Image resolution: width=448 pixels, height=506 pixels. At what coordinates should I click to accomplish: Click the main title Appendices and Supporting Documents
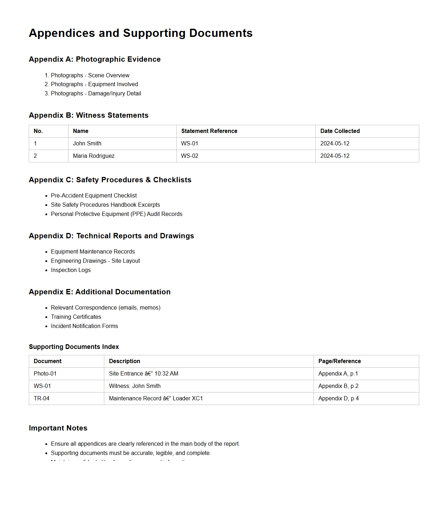140,33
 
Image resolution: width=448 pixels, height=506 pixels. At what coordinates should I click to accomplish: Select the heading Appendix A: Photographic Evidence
94,59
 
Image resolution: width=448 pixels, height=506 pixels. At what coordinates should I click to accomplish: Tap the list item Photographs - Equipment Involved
94,84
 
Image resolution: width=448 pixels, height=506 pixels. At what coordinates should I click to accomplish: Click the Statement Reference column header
209,131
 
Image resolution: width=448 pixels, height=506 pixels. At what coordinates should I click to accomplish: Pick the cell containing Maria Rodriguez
94,156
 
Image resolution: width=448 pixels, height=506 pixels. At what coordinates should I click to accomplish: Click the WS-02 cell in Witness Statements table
190,156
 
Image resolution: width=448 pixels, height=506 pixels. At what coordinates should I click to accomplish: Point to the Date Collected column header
340,131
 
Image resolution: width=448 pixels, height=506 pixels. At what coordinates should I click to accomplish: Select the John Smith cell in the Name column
87,144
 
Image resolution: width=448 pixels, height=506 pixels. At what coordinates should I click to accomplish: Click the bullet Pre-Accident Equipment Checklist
94,196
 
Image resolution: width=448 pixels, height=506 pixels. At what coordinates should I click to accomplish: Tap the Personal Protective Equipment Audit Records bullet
116,214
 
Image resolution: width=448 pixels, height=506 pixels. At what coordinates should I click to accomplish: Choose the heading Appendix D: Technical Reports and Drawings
111,236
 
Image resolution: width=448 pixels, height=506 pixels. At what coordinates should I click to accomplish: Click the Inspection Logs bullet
71,270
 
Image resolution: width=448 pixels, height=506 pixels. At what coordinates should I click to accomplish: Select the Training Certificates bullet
76,317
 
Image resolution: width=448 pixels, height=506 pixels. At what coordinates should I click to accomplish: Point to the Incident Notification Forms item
84,326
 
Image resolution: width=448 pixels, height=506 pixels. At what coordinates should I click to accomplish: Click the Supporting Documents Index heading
74,347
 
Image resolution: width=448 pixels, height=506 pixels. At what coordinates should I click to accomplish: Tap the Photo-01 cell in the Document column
45,374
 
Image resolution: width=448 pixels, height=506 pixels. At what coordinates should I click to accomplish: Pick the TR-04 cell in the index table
42,399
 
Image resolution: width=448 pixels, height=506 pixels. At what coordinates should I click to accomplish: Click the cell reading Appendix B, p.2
338,386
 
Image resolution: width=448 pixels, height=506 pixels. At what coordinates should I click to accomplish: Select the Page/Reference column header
339,361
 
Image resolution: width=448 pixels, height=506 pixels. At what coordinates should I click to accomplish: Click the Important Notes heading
58,428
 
